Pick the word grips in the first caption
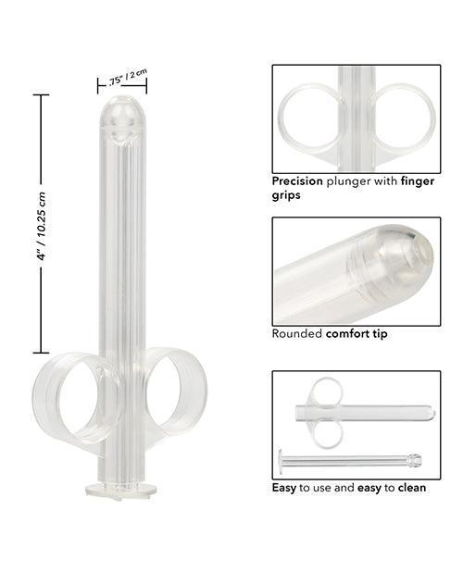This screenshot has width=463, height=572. click(x=288, y=195)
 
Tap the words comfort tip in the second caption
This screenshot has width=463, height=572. click(x=356, y=332)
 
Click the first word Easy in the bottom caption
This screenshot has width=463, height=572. click(x=284, y=487)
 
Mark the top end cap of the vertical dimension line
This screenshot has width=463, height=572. click(x=42, y=94)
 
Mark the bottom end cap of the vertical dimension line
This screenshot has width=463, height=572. click(x=42, y=353)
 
